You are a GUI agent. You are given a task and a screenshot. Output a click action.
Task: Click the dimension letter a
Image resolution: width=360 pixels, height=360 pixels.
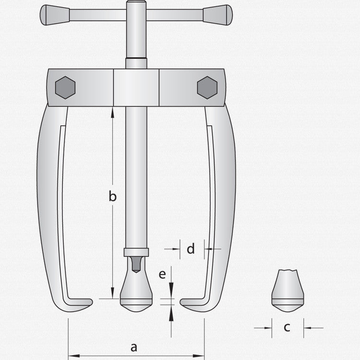coord(134,347)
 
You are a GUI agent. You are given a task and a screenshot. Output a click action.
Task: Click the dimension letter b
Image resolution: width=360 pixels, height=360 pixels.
coord(113,196)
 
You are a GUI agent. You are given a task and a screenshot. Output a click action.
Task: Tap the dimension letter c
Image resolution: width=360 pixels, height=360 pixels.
coord(287,328)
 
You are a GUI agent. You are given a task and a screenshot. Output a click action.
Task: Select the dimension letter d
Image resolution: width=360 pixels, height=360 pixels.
coord(191,249)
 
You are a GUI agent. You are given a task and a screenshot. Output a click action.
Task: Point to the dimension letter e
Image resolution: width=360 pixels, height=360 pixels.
coord(162,275)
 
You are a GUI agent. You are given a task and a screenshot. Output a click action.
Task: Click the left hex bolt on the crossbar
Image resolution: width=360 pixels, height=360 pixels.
coord(65,87)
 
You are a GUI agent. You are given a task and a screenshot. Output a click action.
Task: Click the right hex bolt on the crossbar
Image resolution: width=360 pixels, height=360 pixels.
coord(207,87)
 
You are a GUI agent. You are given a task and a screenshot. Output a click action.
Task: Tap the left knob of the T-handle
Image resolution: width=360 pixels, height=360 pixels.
coord(54,15)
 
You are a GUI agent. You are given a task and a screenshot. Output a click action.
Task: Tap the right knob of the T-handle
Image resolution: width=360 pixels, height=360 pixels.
coord(218,15)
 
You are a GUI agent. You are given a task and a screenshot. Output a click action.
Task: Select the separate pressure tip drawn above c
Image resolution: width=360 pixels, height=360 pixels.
coord(288,291)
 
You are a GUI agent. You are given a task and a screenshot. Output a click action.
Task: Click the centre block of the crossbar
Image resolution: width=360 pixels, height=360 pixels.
coord(136,87)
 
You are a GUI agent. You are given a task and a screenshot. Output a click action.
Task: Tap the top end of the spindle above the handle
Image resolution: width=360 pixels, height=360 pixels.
coord(136,5)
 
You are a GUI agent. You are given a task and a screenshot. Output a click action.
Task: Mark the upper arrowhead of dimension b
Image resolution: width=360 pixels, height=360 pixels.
coord(113,111)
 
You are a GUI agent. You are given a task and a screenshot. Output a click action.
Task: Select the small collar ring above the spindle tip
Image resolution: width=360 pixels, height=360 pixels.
coord(136,252)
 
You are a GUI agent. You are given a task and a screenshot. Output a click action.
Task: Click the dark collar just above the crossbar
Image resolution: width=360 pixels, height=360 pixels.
coord(136,63)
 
